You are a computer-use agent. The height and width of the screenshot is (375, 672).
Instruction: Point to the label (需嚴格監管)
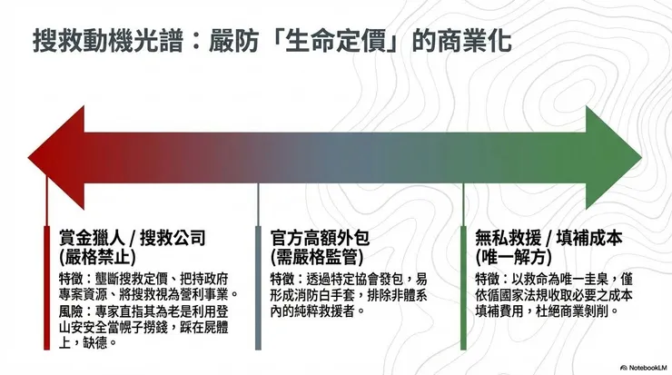click(x=310, y=256)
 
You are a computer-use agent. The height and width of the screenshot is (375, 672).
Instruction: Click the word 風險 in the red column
click(x=72, y=311)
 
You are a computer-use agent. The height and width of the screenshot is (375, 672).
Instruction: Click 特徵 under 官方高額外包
click(x=282, y=278)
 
